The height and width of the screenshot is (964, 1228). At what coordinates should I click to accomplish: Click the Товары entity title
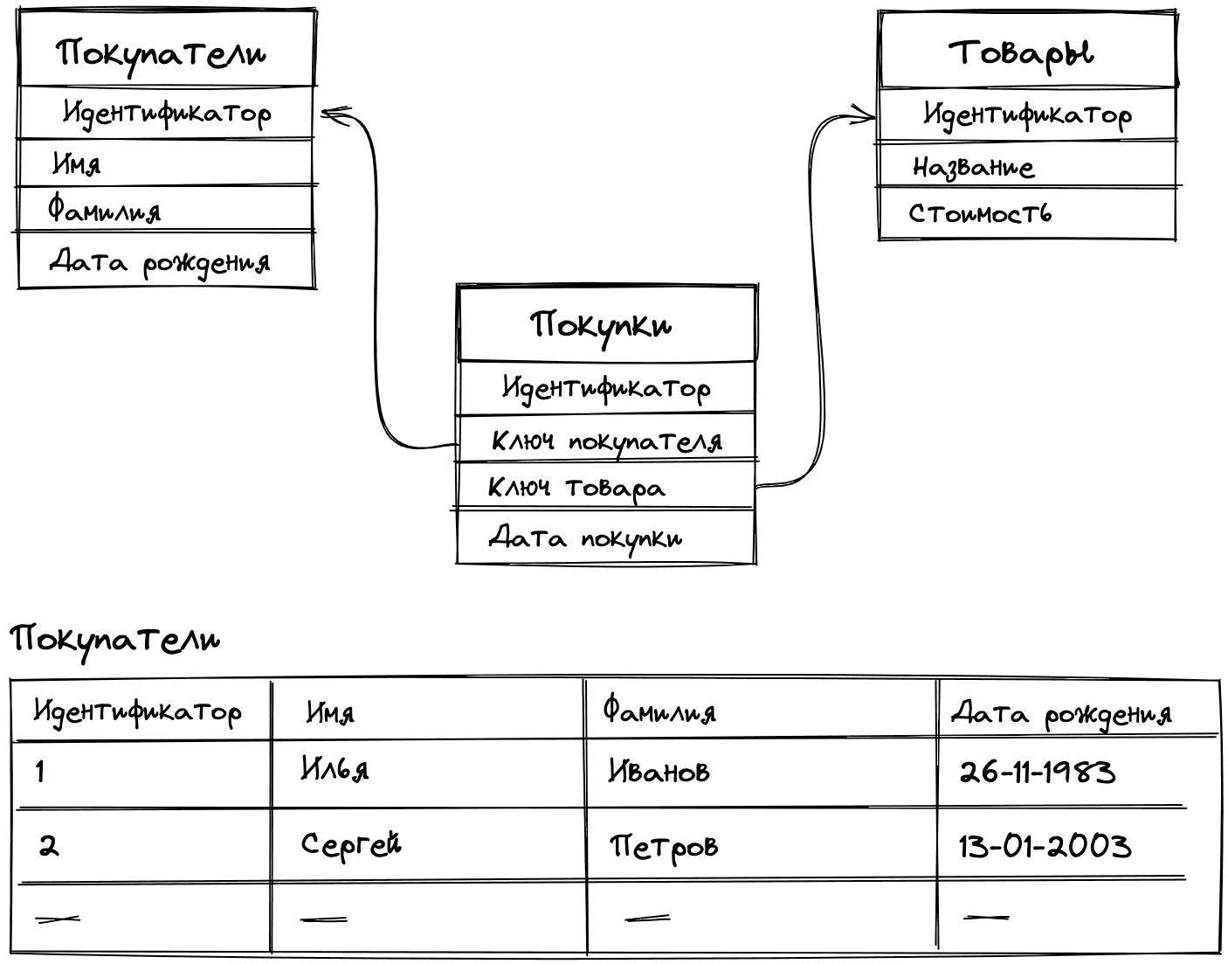pyautogui.click(x=1020, y=52)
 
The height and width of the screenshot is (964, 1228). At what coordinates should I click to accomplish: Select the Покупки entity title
pyautogui.click(x=602, y=325)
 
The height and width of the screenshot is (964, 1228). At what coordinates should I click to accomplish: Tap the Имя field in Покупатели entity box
pyautogui.click(x=77, y=163)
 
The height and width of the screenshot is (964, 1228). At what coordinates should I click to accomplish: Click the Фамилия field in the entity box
pyautogui.click(x=105, y=210)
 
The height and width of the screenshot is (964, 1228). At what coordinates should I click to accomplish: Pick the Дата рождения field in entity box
pyautogui.click(x=160, y=261)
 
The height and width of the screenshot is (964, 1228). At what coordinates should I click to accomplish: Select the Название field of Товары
pyautogui.click(x=973, y=166)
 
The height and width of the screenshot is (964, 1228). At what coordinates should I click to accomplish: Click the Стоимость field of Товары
pyautogui.click(x=980, y=213)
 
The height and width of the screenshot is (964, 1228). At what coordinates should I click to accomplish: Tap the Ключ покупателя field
pyautogui.click(x=606, y=440)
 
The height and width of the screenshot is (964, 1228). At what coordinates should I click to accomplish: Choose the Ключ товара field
pyautogui.click(x=576, y=487)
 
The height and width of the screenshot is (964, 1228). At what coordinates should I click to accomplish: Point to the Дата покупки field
pyautogui.click(x=585, y=537)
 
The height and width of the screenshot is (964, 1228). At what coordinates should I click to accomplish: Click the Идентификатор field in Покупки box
pyautogui.click(x=606, y=387)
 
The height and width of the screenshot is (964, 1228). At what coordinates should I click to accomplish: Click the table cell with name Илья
pyautogui.click(x=335, y=768)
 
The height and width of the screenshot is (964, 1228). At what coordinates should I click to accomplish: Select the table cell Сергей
pyautogui.click(x=351, y=844)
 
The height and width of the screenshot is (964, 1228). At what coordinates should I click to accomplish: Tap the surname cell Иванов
pyautogui.click(x=659, y=771)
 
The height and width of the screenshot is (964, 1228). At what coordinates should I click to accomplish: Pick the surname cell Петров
pyautogui.click(x=664, y=846)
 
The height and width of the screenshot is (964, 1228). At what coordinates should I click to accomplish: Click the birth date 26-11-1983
pyautogui.click(x=1037, y=772)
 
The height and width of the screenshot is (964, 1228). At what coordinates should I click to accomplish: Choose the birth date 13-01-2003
pyautogui.click(x=1045, y=846)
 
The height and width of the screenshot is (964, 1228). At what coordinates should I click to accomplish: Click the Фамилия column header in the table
pyautogui.click(x=659, y=711)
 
